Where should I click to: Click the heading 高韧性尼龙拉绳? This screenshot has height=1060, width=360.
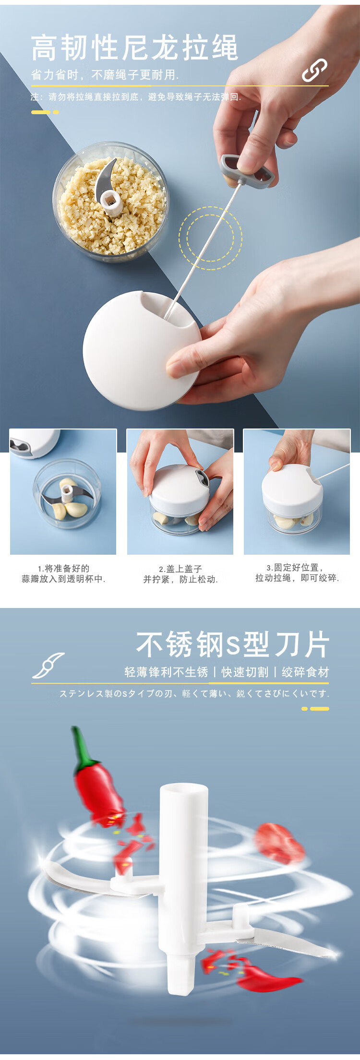click(134, 48)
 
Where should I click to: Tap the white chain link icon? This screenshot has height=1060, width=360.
click(314, 71)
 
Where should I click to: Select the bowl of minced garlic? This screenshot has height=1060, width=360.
click(110, 202)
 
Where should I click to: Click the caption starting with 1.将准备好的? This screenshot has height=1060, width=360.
click(63, 573)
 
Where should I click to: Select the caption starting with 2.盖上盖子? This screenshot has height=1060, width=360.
click(180, 574)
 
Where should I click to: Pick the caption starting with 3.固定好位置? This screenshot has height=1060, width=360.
click(297, 573)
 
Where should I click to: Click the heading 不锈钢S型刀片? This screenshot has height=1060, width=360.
click(233, 644)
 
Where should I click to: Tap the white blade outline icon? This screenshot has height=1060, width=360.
click(48, 665)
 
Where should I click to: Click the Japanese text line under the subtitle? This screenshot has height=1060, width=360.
click(194, 693)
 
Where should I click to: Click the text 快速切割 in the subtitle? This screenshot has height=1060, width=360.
click(245, 672)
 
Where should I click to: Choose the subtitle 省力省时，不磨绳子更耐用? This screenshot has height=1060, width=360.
click(105, 75)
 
